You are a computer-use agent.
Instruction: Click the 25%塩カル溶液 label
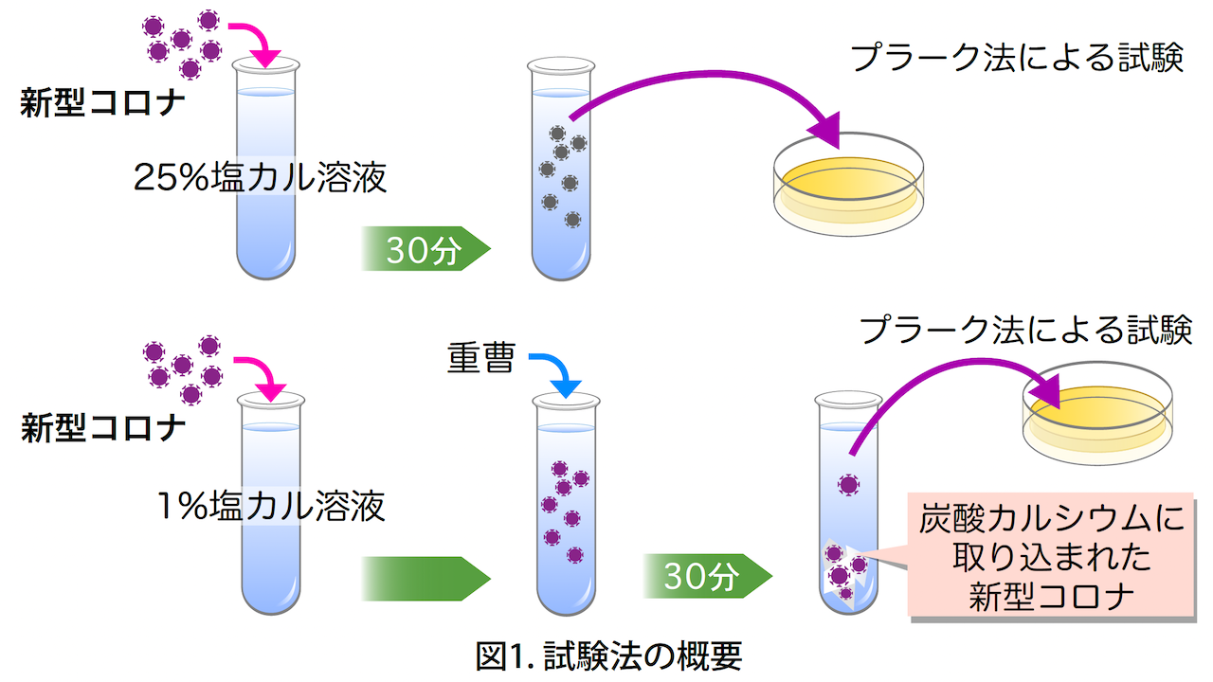[x=261, y=177]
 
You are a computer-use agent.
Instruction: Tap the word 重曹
[x=480, y=359]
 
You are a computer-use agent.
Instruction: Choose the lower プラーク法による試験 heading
[x=1024, y=331]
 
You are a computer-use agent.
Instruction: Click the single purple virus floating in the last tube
[x=847, y=486]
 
